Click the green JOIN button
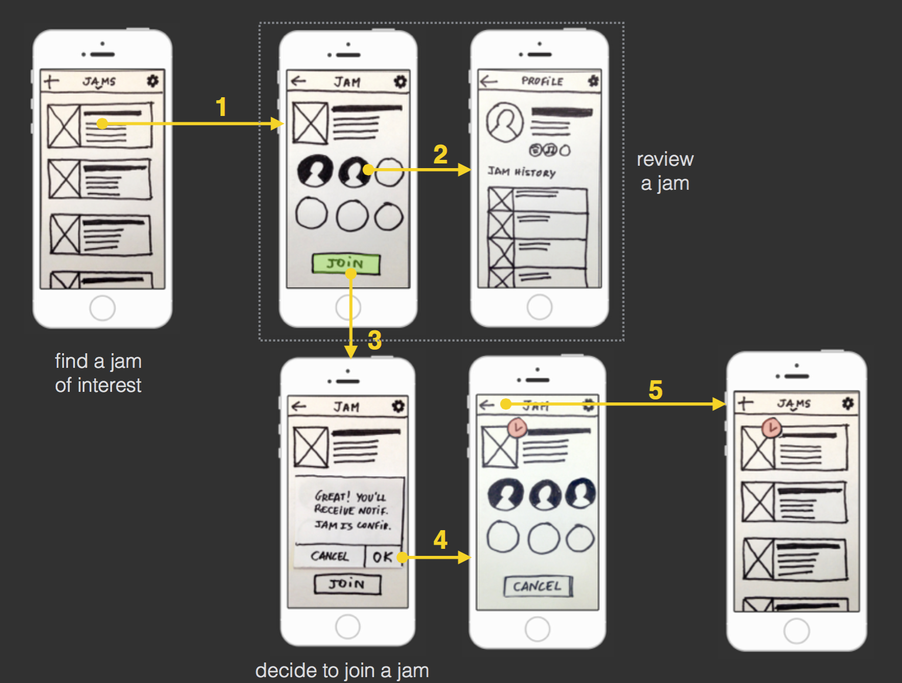[345, 264]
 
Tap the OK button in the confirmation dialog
[382, 556]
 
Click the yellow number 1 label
[221, 107]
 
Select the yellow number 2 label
[440, 155]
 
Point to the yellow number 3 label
[375, 340]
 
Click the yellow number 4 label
[440, 539]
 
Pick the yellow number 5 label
[656, 390]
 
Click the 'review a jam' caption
[665, 171]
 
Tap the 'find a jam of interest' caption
[99, 373]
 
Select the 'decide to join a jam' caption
[342, 670]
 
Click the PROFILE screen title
[542, 81]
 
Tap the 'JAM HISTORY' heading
[521, 172]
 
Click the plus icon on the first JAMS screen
[52, 81]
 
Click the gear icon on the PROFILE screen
[593, 81]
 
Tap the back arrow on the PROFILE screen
[489, 81]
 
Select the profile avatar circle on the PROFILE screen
[504, 122]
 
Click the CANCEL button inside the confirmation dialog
[329, 556]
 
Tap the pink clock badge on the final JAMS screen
[772, 428]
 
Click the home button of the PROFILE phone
[539, 306]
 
